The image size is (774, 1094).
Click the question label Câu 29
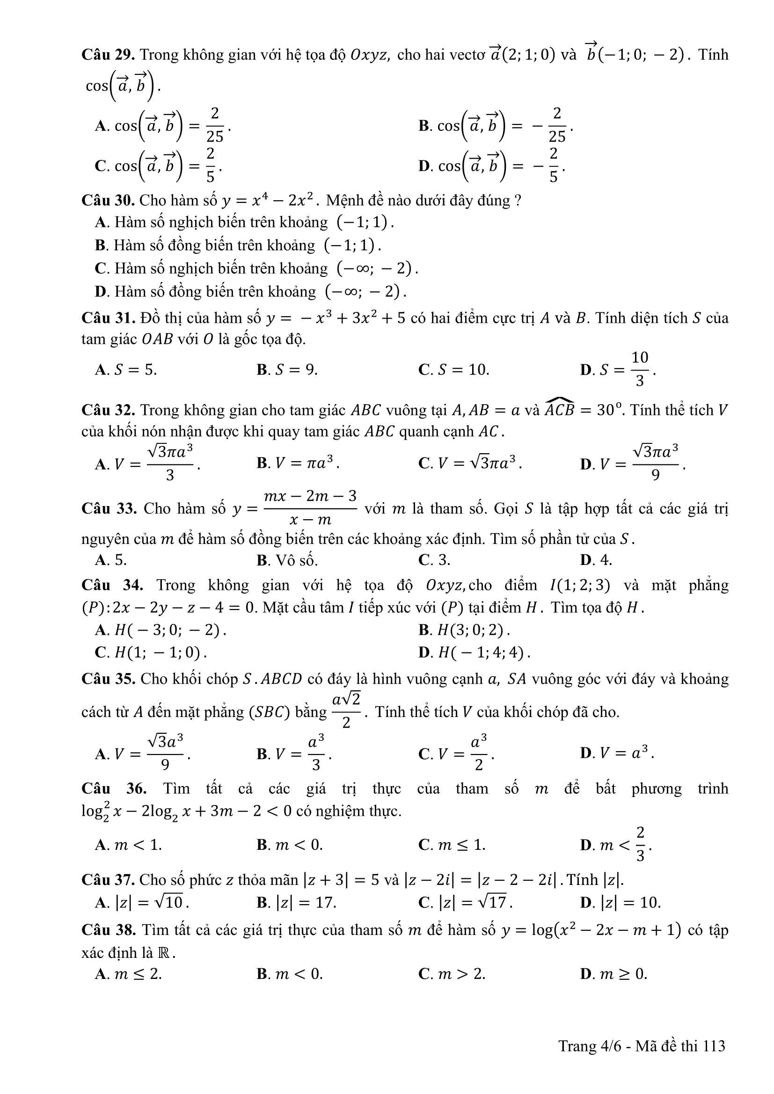[109, 55]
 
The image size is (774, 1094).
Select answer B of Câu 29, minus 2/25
[496, 126]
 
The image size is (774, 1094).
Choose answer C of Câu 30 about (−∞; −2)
[256, 269]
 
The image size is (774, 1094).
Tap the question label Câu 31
[109, 318]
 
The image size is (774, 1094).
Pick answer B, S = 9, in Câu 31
[287, 370]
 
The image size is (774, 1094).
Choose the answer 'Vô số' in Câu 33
[287, 560]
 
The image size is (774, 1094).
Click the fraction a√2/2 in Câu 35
[346, 710]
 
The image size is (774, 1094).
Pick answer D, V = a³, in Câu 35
[617, 753]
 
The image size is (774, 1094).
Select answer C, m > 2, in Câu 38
[452, 974]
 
